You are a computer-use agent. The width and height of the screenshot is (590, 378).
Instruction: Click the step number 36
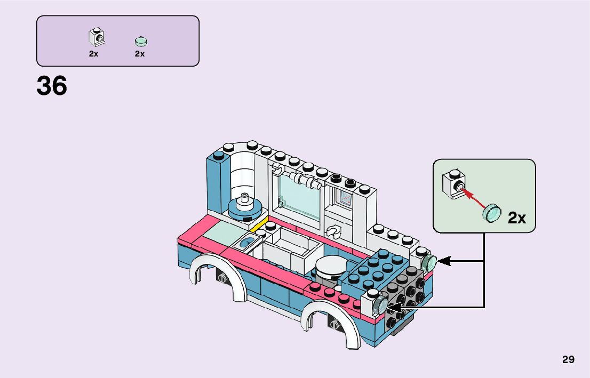pyautogui.click(x=52, y=86)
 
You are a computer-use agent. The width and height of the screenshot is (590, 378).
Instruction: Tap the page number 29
pyautogui.click(x=568, y=360)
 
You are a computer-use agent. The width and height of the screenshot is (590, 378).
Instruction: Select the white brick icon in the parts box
pyautogui.click(x=95, y=37)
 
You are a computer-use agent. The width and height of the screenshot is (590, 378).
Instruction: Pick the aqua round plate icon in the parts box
pyautogui.click(x=141, y=41)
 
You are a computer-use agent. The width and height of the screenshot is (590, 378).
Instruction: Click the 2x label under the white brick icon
pyautogui.click(x=94, y=54)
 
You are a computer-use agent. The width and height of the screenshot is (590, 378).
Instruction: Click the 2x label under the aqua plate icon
pyautogui.click(x=140, y=54)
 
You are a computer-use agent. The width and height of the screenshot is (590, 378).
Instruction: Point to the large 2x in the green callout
pyautogui.click(x=516, y=218)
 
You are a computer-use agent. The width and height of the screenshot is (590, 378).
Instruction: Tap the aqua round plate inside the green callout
pyautogui.click(x=492, y=213)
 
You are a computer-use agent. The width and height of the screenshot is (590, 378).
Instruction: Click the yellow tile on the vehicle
pyautogui.click(x=258, y=229)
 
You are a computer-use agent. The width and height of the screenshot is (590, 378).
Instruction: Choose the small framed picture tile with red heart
pyautogui.click(x=345, y=199)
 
